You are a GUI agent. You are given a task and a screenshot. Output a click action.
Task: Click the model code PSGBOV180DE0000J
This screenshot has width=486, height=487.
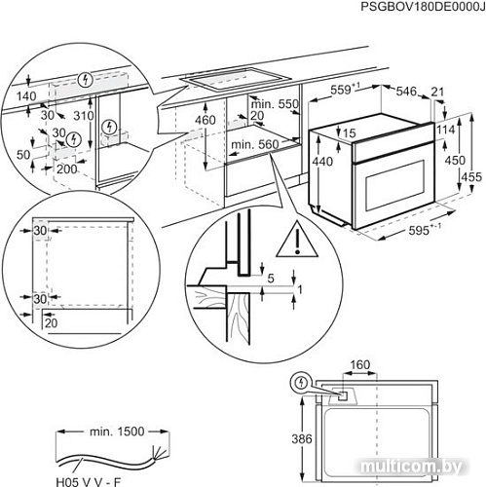410,8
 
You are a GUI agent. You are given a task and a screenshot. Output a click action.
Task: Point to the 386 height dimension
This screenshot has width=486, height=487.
303,438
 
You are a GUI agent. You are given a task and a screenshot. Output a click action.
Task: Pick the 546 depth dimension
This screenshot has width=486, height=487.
409,91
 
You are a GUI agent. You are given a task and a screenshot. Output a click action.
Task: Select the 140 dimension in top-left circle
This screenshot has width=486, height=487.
25,97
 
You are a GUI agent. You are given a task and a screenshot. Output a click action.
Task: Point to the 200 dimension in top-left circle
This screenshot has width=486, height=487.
66,168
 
